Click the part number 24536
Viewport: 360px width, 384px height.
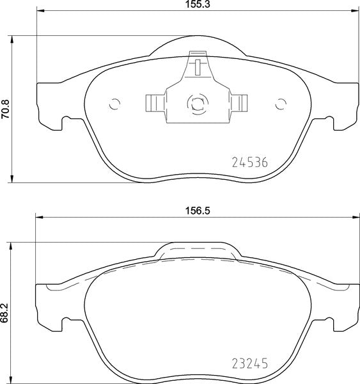coord(248,162)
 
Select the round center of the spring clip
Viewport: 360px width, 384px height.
coord(196,102)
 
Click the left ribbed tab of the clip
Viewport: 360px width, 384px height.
coord(153,102)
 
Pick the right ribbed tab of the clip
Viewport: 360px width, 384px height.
coord(240,102)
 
